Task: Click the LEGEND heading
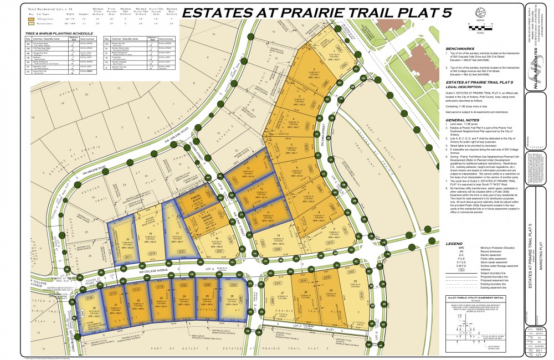[x=454, y=244]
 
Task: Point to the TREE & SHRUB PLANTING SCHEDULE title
[x=56, y=34]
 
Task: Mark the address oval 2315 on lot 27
[x=278, y=284]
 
